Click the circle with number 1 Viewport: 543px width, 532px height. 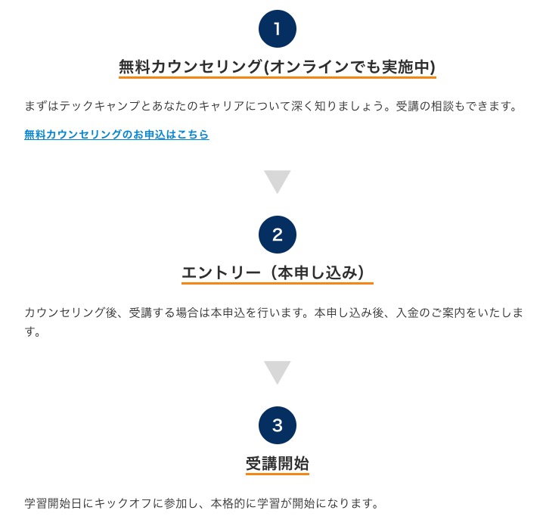coord(278,29)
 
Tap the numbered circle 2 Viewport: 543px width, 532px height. coord(278,235)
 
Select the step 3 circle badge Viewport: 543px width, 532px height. coord(278,425)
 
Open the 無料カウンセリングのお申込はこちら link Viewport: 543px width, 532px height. coord(116,135)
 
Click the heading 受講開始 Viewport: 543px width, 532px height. coord(278,463)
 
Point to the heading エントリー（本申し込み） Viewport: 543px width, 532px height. coord(274,272)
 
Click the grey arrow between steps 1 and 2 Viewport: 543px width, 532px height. coord(277,182)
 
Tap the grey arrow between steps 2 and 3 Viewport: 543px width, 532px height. coord(277,372)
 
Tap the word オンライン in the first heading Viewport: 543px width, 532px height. coord(309,67)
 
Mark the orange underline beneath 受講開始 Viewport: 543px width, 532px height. coord(278,474)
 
